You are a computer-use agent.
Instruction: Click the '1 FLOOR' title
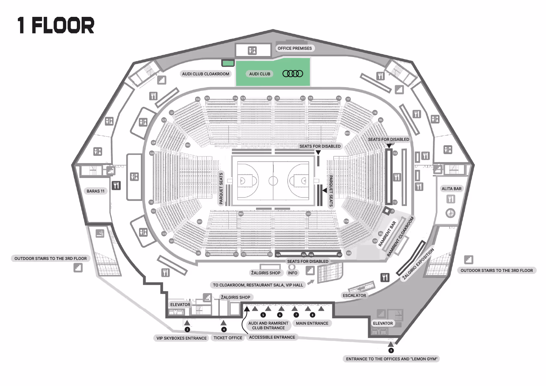56,26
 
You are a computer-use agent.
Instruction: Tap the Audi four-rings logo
293,74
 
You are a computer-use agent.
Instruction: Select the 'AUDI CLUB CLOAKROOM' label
206,74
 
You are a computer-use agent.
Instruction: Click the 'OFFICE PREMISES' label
294,48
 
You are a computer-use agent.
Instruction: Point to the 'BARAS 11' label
95,191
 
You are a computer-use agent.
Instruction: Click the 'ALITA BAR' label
451,189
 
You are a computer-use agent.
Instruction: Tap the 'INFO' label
292,273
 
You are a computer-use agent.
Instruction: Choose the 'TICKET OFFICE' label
228,338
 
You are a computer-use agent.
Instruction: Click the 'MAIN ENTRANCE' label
312,323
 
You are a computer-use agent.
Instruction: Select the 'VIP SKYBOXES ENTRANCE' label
181,338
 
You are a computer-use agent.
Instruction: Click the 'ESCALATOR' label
354,296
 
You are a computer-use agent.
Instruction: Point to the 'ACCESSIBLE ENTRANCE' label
272,337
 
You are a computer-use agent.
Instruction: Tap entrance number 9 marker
391,350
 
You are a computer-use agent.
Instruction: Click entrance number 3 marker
187,330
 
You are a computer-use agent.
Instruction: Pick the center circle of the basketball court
273,181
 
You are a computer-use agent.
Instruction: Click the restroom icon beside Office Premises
252,51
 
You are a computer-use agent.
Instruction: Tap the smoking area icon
100,233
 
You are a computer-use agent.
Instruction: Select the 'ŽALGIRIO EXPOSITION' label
418,264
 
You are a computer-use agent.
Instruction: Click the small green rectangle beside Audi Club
228,63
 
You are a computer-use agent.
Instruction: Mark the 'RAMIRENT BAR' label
387,234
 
